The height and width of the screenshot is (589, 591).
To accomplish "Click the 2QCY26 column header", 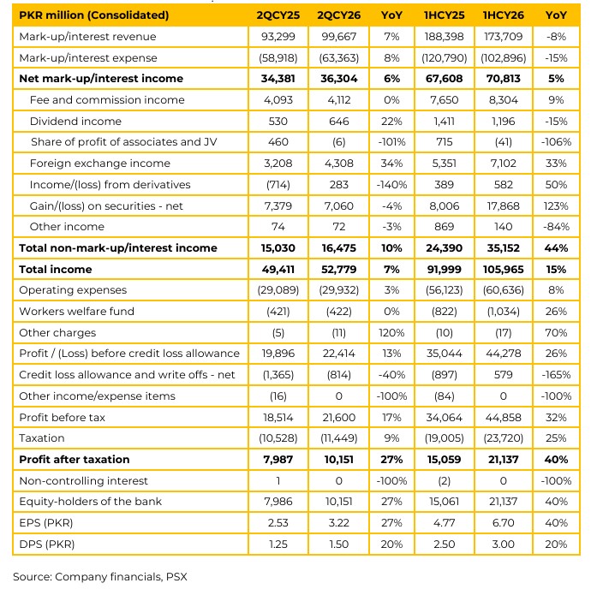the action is [x=338, y=15].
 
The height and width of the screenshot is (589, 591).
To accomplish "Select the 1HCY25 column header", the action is [x=444, y=15].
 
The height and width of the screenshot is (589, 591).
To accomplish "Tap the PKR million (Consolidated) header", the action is [x=94, y=15].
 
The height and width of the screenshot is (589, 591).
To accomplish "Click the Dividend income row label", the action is [x=75, y=122].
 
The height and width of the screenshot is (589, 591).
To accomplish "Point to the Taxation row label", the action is [x=42, y=438].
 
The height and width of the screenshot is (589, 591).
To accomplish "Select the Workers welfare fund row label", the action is [x=76, y=312].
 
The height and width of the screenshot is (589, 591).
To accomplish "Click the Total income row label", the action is [x=56, y=270].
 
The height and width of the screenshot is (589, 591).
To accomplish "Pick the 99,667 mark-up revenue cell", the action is [x=338, y=37].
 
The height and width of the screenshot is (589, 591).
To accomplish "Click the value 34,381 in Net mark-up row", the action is [x=278, y=79].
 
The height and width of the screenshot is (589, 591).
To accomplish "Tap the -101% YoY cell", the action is [x=391, y=142].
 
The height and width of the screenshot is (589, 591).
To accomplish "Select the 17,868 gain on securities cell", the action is [x=503, y=206].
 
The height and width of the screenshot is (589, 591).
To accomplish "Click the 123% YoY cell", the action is [x=556, y=206].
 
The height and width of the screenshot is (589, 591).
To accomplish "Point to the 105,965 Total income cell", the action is [x=503, y=270].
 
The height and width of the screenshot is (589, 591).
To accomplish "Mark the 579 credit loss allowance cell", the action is [x=503, y=375].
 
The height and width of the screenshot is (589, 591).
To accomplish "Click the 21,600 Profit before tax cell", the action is [x=338, y=418].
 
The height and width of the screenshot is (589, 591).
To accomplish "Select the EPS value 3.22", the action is [x=338, y=523].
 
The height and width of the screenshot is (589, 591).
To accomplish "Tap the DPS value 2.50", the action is [x=444, y=544].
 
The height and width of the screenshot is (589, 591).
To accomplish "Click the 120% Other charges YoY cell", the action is [x=391, y=333].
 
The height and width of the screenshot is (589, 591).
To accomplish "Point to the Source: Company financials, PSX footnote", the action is [x=100, y=577].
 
